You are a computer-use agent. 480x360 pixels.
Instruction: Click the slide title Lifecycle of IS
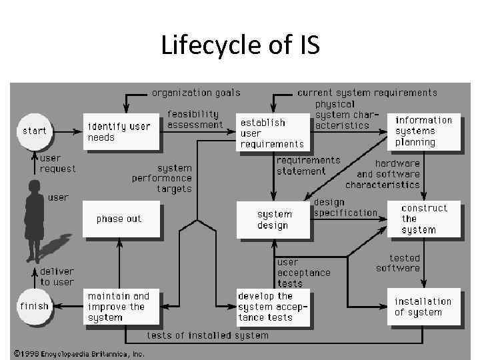coord(240,46)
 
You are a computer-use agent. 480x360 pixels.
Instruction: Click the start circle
coord(35,131)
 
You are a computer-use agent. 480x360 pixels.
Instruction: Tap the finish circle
coord(35,306)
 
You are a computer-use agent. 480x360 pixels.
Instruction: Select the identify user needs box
coord(121,131)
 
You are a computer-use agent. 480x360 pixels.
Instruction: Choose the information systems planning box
coord(424,131)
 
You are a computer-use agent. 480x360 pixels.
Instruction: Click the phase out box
coord(121,219)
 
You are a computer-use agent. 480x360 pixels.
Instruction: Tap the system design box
coord(274,219)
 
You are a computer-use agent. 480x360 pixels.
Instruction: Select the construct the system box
coord(424,219)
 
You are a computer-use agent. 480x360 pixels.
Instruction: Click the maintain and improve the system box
coord(121,307)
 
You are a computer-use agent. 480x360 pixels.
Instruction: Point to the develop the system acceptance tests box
coord(274,307)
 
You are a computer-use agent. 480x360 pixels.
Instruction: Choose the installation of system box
coord(424,307)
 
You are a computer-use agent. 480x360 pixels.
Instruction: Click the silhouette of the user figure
coord(33,220)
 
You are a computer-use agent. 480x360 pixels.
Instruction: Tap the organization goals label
coord(196,93)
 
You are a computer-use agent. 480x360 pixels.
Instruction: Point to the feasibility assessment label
coord(195,119)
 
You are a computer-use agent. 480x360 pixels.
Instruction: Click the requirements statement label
coord(308,165)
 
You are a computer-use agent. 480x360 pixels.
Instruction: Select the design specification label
coord(345,207)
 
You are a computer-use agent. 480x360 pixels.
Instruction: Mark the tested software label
coord(398,263)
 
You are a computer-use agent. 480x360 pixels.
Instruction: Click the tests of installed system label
coord(207,335)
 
